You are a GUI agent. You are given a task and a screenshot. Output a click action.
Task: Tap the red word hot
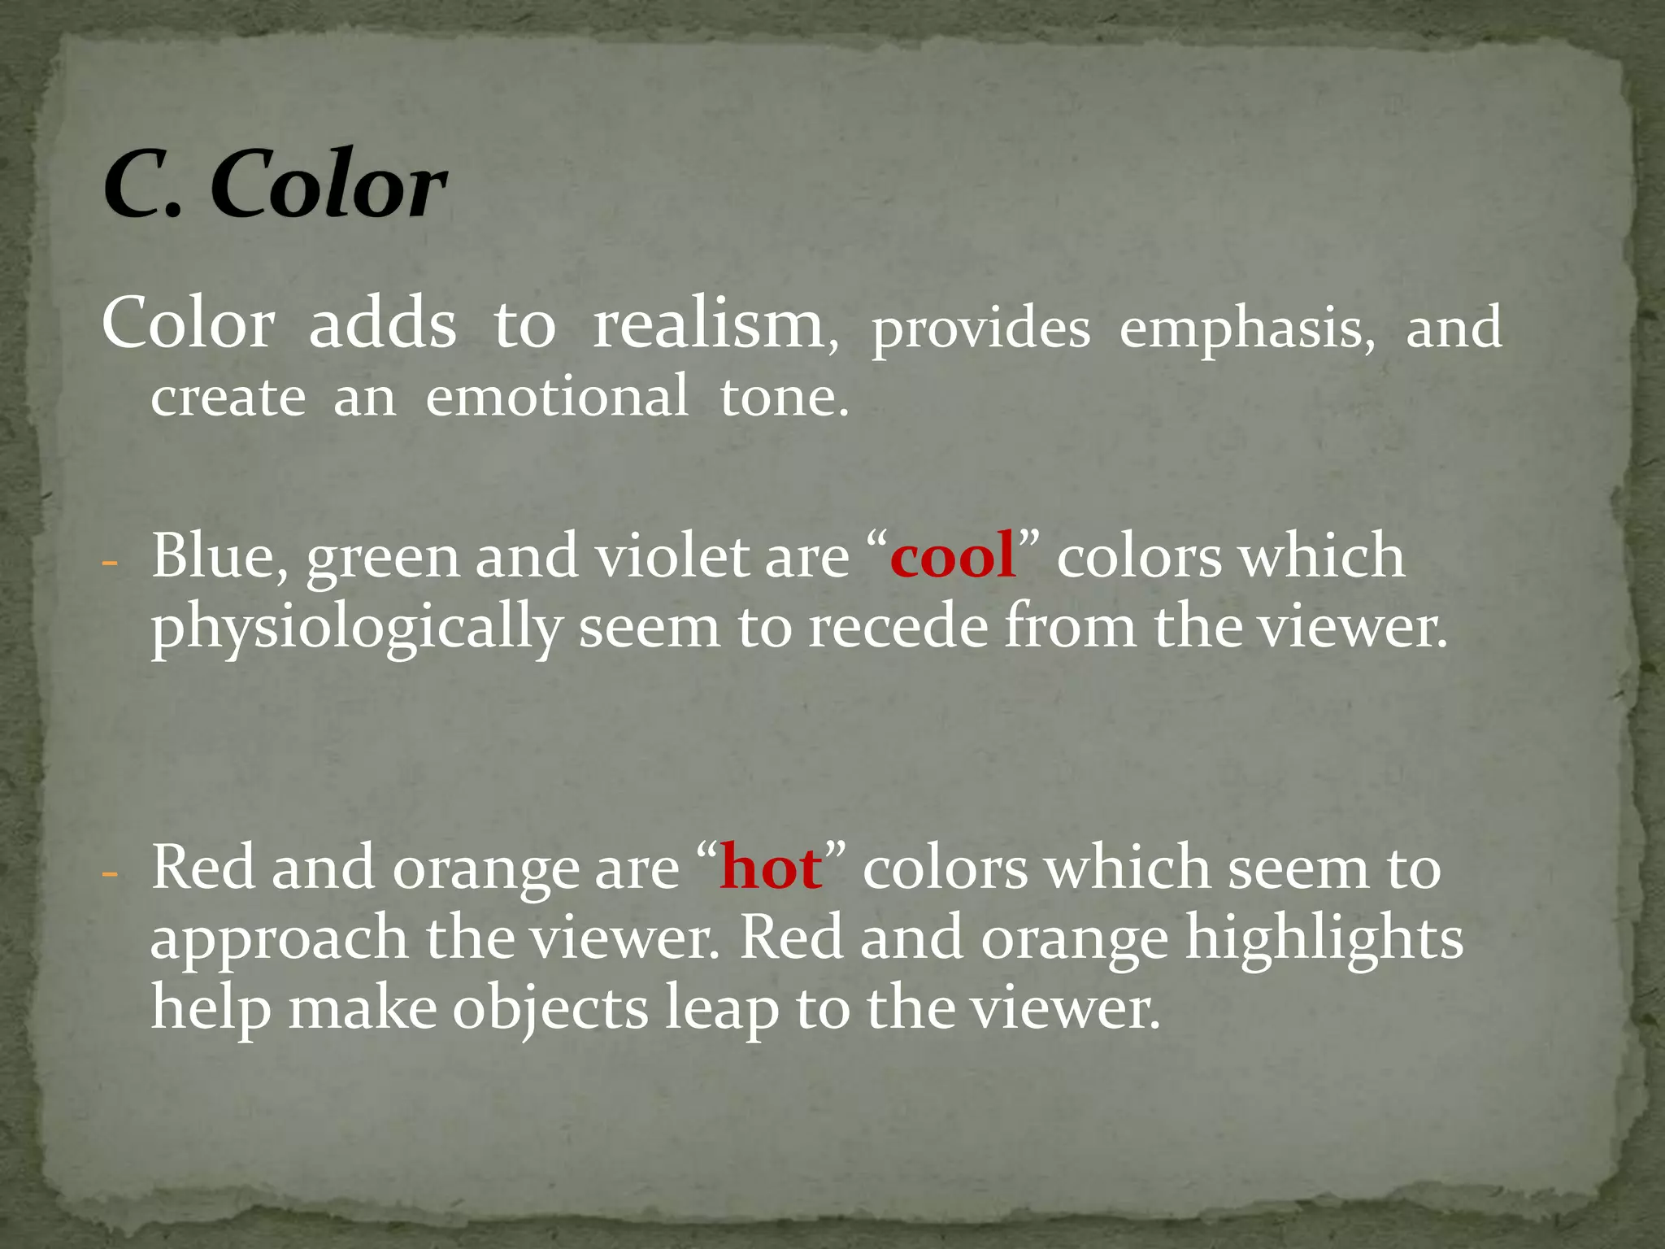point(771,868)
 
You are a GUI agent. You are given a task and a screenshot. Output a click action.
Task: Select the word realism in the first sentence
point(707,324)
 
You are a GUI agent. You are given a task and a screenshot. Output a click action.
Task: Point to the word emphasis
point(1246,330)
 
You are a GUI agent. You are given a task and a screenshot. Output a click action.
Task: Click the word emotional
point(557,397)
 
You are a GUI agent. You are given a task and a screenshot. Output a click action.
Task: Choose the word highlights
point(1324,940)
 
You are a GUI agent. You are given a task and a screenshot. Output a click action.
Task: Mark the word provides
point(980,330)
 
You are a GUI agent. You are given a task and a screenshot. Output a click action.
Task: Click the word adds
point(382,324)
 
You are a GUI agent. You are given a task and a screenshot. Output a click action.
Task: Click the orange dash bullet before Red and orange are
point(111,875)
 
